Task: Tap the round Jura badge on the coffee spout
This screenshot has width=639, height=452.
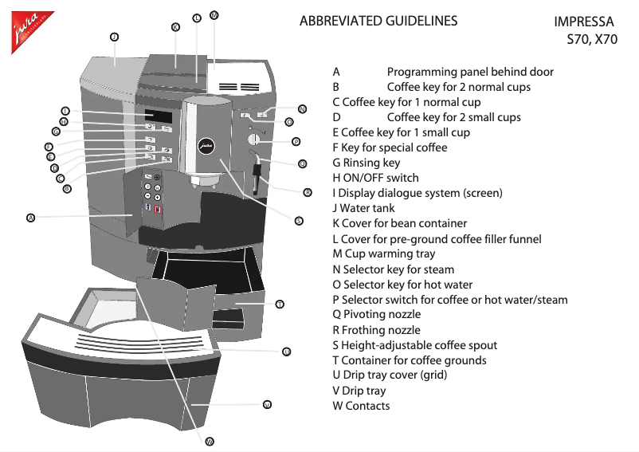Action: point(206,146)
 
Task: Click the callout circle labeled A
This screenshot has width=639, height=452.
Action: point(30,217)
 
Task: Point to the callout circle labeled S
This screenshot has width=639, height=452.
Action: point(298,221)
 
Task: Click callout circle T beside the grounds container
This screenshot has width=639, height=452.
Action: point(280,305)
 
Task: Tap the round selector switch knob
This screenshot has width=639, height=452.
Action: point(254,140)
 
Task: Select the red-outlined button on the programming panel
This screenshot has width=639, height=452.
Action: point(158,210)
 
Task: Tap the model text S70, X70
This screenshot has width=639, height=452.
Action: point(591,39)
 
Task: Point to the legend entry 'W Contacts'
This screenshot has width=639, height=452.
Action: point(361,406)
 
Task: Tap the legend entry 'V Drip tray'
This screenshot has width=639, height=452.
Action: point(359,391)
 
